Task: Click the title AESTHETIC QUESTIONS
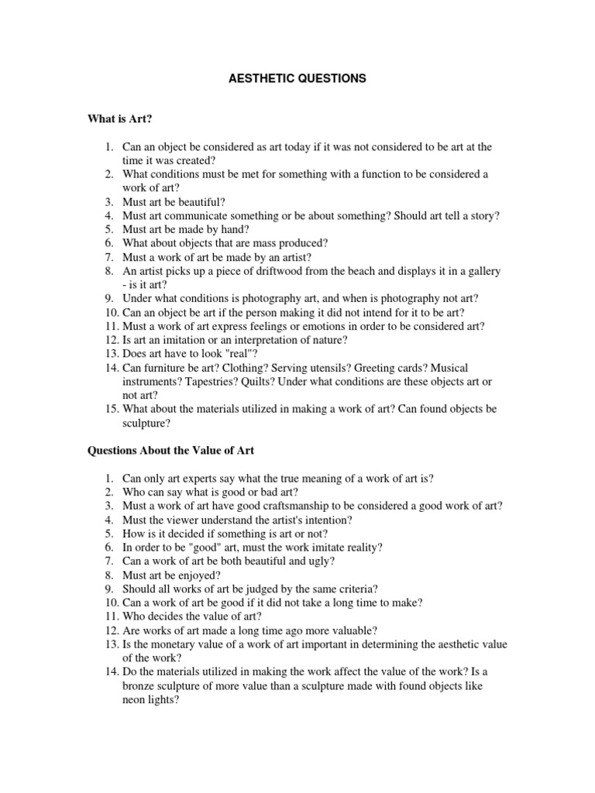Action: click(x=297, y=78)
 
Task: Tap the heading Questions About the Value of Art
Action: click(x=170, y=450)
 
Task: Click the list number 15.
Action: click(x=112, y=410)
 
